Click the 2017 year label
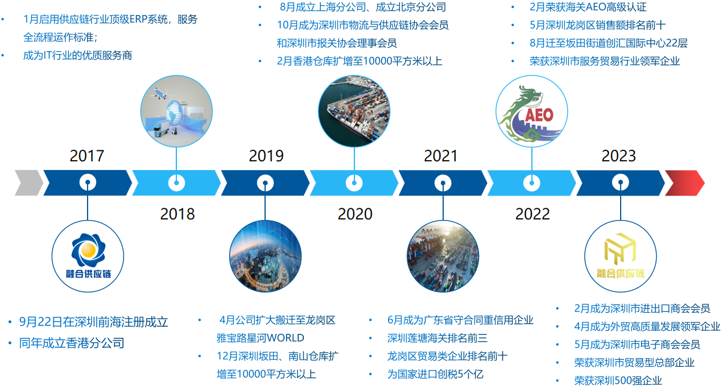[x=87, y=156]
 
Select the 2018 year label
[x=177, y=214]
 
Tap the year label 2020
[x=355, y=214]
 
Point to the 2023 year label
[x=619, y=156]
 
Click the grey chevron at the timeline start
[x=28, y=183]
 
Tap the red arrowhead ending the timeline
[x=684, y=183]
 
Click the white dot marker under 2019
[x=265, y=183]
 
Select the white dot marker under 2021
[x=443, y=183]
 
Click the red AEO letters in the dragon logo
[x=539, y=115]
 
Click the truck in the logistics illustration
[x=161, y=128]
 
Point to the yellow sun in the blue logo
[x=88, y=250]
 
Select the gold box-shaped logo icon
[x=620, y=247]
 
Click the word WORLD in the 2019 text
[x=285, y=338]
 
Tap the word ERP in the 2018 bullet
[x=138, y=19]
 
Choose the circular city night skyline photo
[x=265, y=256]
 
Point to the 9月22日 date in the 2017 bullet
[x=41, y=322]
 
